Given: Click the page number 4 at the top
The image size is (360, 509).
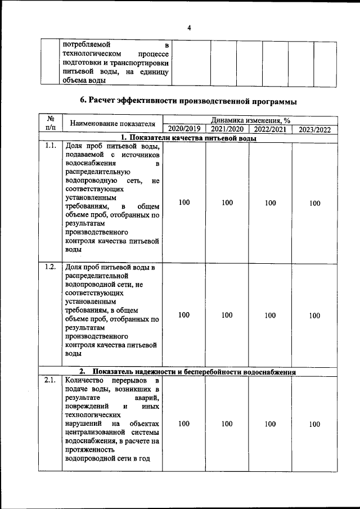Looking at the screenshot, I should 189,27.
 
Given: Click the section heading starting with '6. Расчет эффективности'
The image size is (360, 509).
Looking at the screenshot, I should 188,101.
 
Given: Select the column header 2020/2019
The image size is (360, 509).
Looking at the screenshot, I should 184,129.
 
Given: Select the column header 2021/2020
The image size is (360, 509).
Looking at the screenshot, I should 227,129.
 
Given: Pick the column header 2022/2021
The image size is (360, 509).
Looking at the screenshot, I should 271,129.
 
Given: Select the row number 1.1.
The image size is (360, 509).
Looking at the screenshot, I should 50,146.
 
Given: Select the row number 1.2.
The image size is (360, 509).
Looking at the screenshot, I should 50,267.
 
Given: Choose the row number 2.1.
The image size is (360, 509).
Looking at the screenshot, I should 50,381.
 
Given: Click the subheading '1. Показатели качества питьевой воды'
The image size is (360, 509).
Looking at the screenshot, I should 188,138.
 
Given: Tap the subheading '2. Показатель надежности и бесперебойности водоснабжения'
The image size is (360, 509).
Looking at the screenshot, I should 188,371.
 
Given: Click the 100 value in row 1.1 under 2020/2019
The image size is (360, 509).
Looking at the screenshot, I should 184,202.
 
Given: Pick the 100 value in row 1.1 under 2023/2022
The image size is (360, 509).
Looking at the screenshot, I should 314,203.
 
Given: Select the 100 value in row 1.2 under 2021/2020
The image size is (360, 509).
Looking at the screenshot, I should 227,315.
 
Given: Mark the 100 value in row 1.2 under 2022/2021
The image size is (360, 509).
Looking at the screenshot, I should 271,315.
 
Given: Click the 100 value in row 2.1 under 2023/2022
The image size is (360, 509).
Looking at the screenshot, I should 314,425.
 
